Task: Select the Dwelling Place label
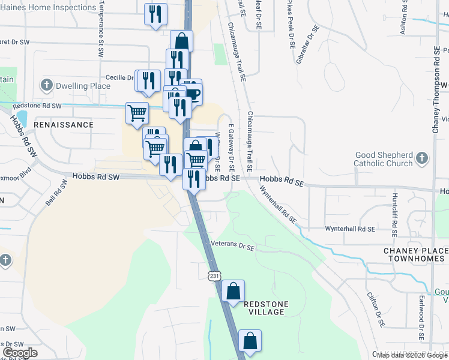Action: tap(83, 86)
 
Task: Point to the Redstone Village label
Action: tap(267, 308)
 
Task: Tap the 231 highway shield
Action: tap(214, 275)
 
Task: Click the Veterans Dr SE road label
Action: tap(234, 246)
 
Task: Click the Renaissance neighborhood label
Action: tap(64, 125)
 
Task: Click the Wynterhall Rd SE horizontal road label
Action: tap(349, 229)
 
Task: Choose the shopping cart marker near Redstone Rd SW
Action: tap(137, 112)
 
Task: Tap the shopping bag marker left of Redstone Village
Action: tap(233, 291)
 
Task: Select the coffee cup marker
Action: tap(193, 93)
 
